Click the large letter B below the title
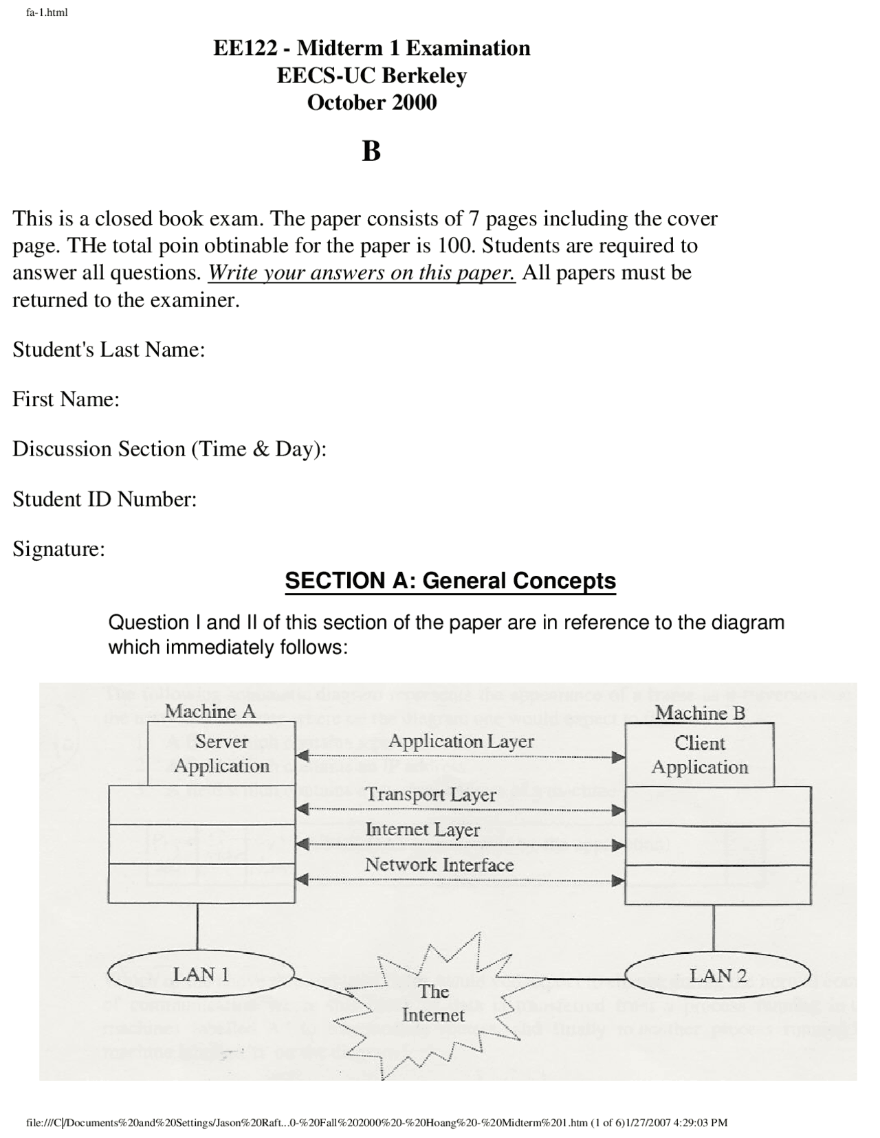tap(371, 151)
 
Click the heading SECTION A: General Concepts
tap(450, 581)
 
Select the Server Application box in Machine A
tap(221, 753)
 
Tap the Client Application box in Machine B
tap(699, 755)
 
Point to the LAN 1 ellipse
tap(201, 974)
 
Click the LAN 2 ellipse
tap(718, 975)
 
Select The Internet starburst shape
tap(433, 1003)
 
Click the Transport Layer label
tap(430, 794)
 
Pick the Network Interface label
tap(439, 864)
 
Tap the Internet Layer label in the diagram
tap(422, 829)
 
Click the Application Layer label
tap(461, 741)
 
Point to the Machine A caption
tap(210, 711)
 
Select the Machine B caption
tap(699, 713)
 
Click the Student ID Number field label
tap(104, 499)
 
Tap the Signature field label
tap(58, 549)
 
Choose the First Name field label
tap(66, 399)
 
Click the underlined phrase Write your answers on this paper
tap(362, 273)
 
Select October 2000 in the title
tap(371, 102)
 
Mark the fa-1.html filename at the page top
tap(47, 12)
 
